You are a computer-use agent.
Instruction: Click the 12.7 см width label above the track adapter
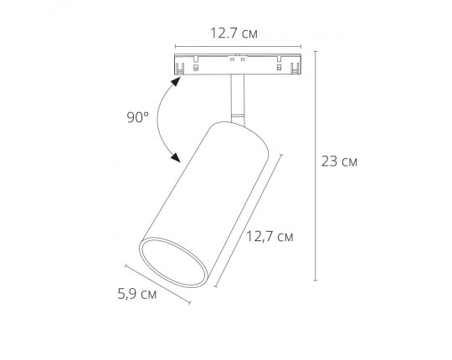click(x=234, y=33)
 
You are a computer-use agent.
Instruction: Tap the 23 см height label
click(x=339, y=162)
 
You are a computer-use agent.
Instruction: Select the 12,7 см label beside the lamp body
click(x=270, y=237)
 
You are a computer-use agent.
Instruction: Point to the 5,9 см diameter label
click(x=137, y=295)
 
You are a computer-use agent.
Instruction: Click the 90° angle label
click(x=138, y=117)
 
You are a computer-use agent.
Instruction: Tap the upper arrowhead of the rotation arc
click(x=176, y=81)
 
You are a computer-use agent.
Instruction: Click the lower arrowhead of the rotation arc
click(x=175, y=157)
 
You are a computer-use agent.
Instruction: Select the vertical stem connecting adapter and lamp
click(x=237, y=100)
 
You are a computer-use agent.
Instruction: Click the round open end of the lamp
click(x=173, y=263)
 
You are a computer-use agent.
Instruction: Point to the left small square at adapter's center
click(x=232, y=59)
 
